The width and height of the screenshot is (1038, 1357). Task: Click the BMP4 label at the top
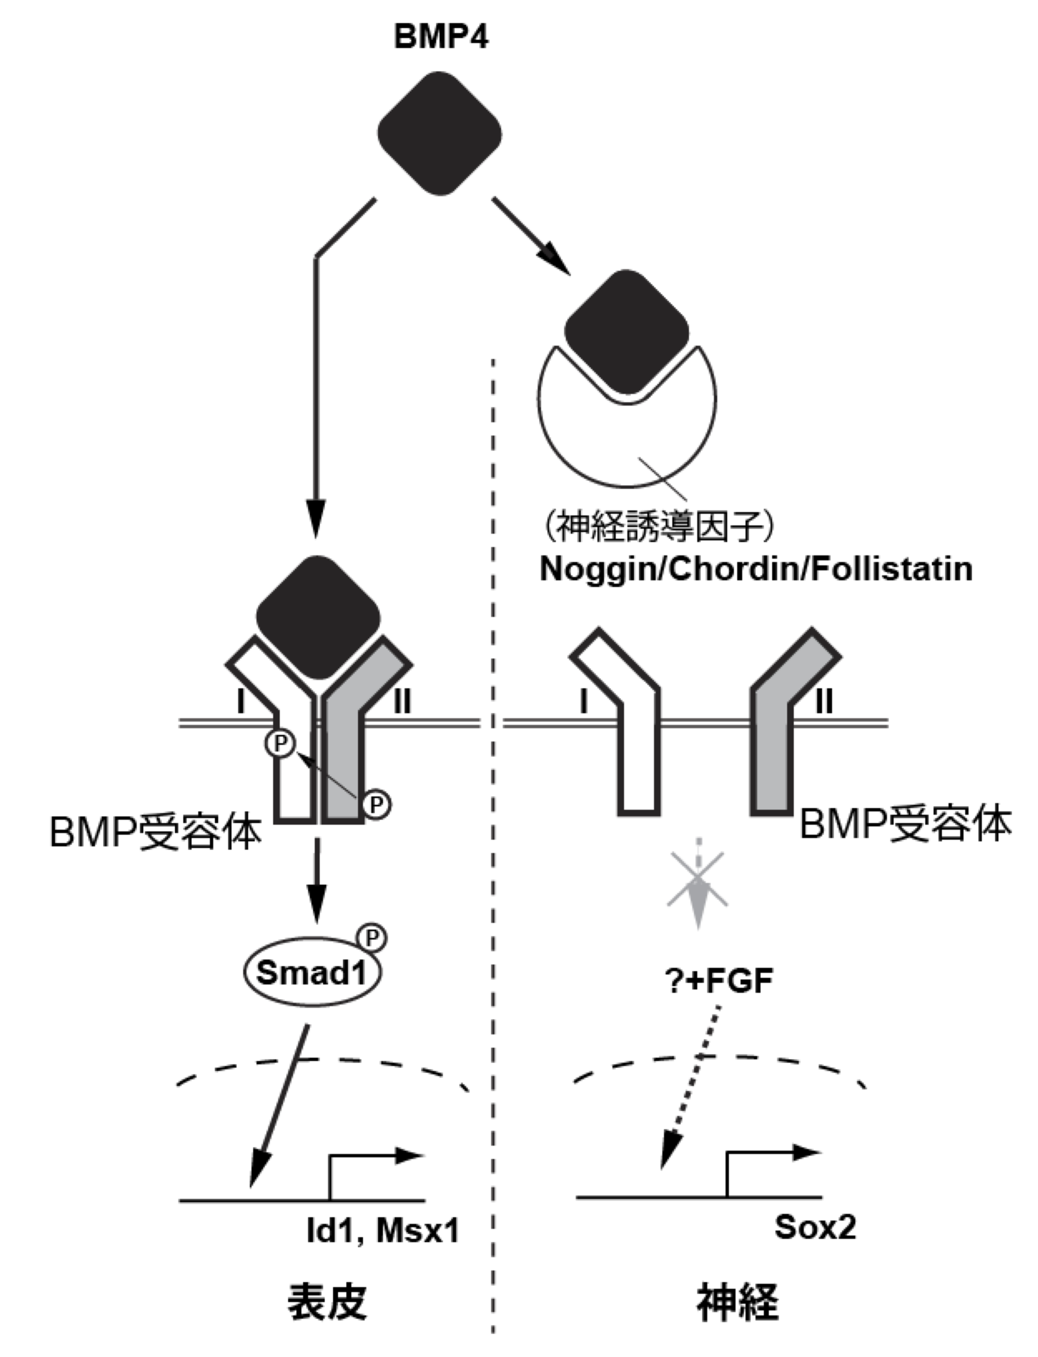pos(441,37)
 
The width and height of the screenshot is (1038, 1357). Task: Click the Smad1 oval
pos(311,973)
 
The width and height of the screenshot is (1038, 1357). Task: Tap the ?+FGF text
pos(720,981)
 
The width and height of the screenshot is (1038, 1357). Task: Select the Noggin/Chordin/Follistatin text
pos(756,569)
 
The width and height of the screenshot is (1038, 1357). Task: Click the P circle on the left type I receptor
pos(280,744)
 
